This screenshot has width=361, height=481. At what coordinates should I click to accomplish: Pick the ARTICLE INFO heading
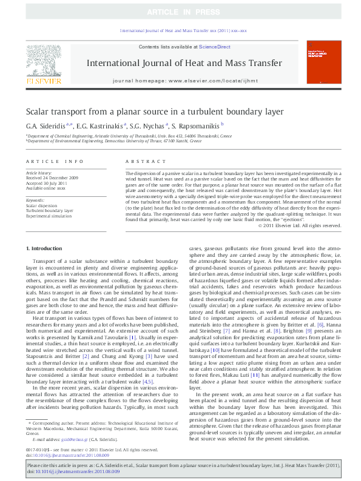click(x=55, y=162)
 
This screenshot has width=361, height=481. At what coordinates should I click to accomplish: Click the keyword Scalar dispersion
click(x=41, y=205)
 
